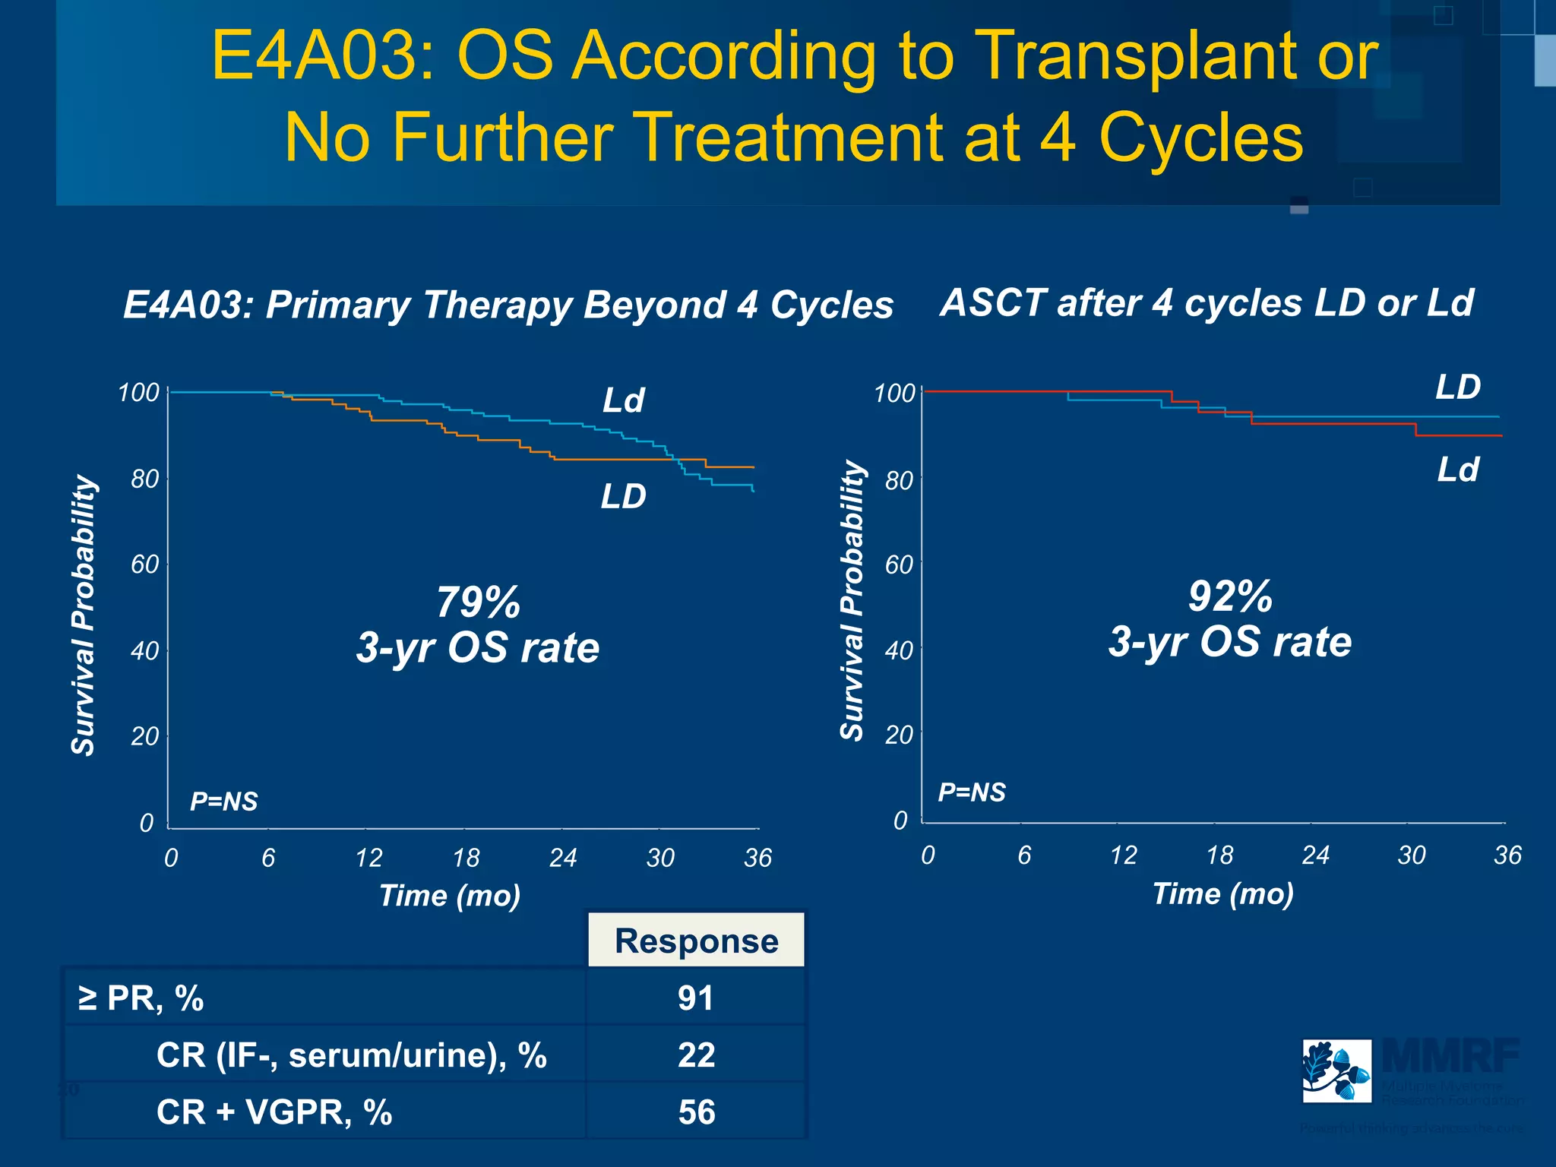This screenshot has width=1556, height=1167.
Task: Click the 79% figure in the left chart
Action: [478, 602]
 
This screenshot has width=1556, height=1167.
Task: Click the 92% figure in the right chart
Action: [1229, 596]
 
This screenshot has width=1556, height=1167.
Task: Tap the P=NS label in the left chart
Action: [223, 802]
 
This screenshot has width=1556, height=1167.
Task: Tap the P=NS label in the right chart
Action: [971, 792]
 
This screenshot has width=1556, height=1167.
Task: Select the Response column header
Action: [696, 941]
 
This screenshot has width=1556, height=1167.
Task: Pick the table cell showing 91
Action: [696, 998]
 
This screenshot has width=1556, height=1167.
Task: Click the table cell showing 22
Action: [696, 1055]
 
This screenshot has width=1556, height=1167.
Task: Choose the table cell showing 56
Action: [696, 1112]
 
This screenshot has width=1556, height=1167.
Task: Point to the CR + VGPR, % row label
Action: [274, 1112]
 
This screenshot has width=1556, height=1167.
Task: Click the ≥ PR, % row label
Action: [141, 998]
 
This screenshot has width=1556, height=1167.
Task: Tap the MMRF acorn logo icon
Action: [1336, 1071]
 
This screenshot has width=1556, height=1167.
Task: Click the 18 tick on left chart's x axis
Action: [466, 858]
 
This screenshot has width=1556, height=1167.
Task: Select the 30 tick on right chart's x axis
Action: [1412, 855]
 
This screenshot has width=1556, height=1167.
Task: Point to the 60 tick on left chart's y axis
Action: [144, 565]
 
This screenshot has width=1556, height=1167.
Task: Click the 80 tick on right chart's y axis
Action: [899, 481]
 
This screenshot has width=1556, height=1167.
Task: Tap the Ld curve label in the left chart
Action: [623, 400]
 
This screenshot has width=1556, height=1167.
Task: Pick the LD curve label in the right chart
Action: [1457, 387]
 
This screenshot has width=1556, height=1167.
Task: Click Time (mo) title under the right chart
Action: [1222, 894]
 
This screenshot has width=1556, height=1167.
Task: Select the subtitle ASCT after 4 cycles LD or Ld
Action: [1207, 303]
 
